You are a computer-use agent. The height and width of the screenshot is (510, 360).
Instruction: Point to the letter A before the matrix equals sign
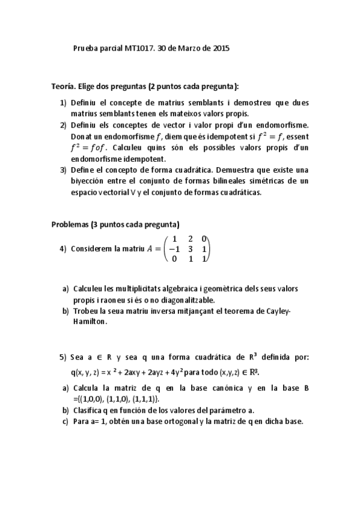pyautogui.click(x=150, y=248)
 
